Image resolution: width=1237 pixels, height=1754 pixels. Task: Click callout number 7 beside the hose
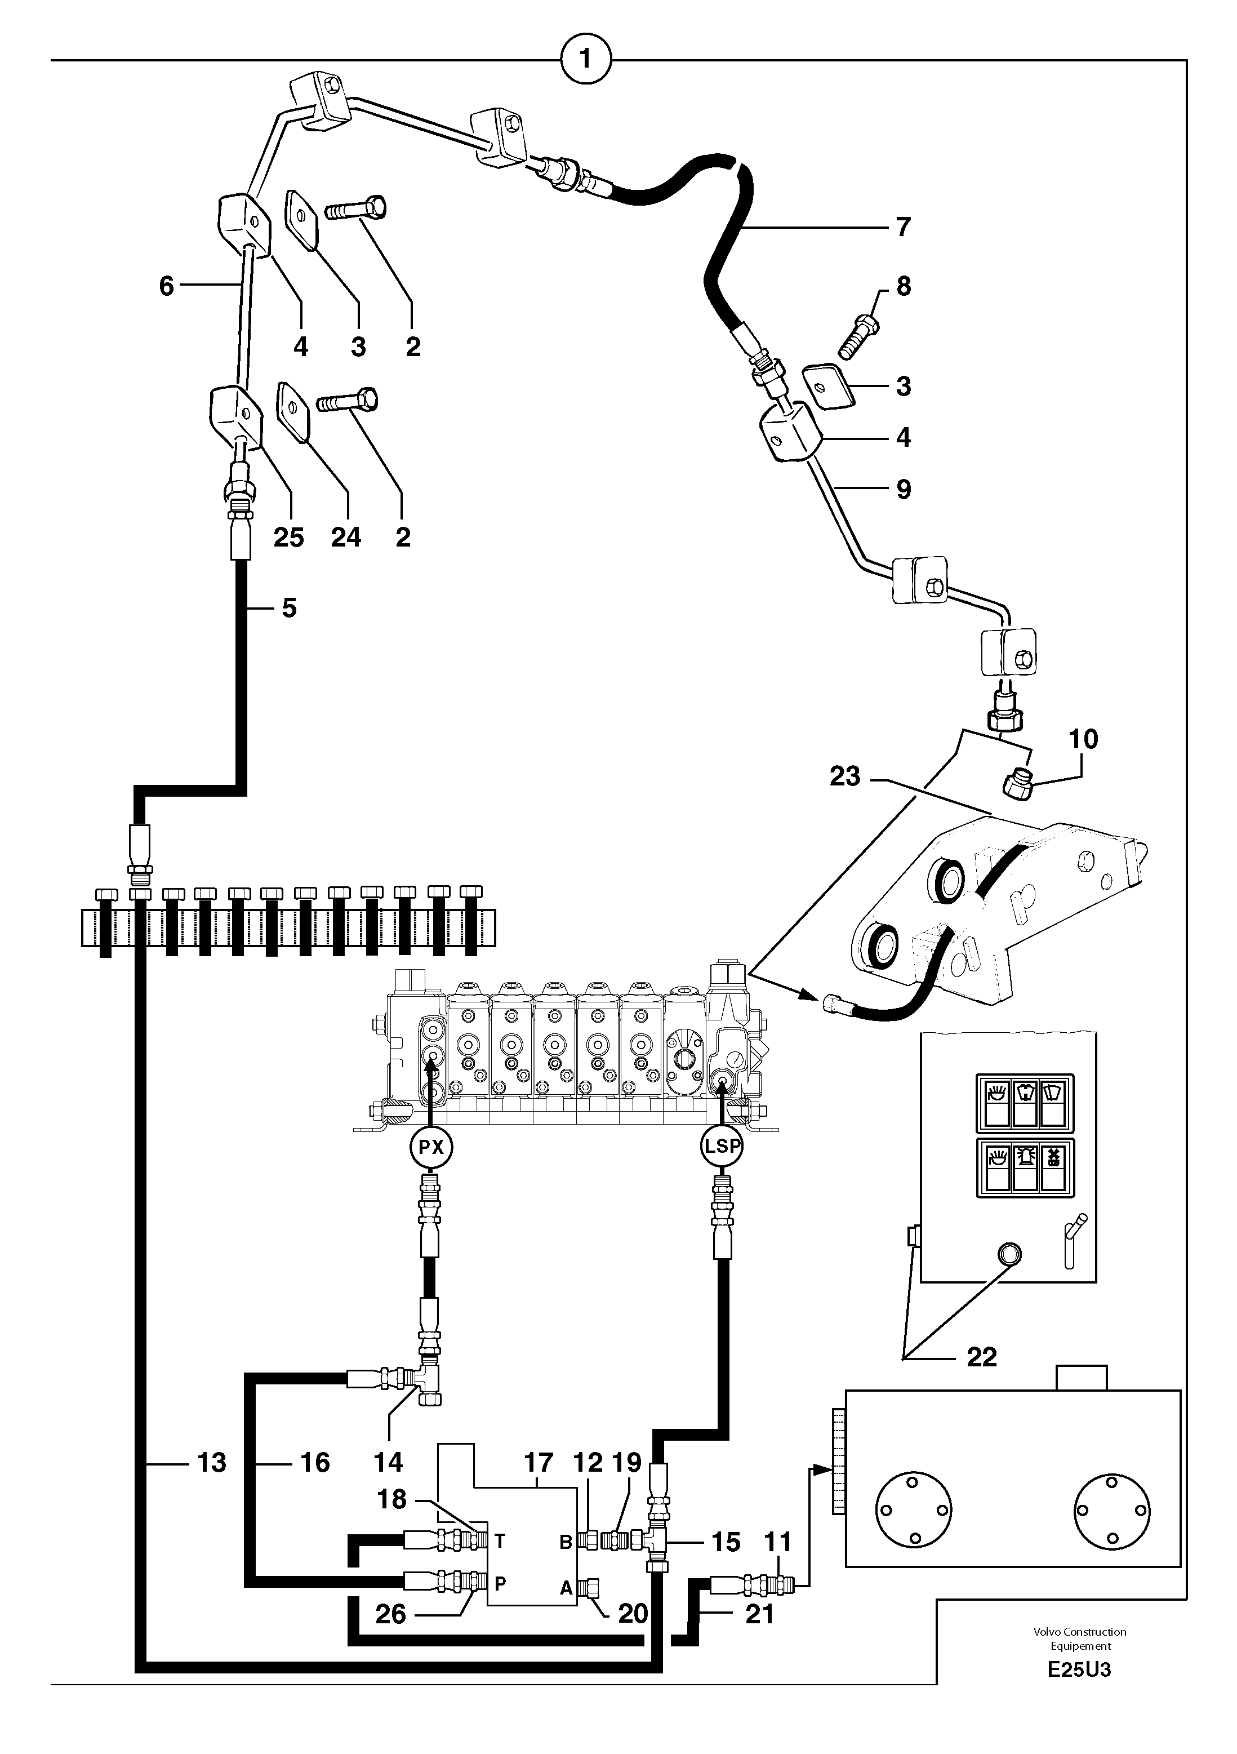(904, 227)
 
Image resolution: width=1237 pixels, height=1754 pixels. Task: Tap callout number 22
(981, 1357)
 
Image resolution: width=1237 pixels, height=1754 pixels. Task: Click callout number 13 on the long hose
(211, 1463)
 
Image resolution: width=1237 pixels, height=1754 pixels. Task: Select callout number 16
(314, 1463)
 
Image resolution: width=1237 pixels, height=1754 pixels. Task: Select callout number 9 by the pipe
(904, 489)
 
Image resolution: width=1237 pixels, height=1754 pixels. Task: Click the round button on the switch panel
(1008, 1253)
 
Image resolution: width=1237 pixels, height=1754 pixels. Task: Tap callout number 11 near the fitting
(778, 1542)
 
